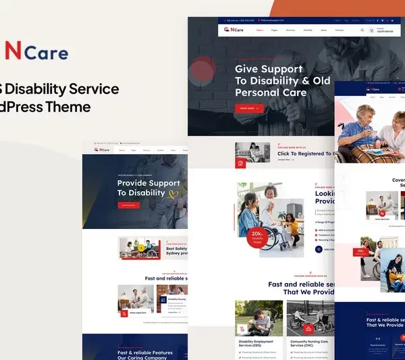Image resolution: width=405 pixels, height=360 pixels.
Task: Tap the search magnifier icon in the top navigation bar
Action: click(362, 30)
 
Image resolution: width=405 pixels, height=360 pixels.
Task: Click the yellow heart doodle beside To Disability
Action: click(173, 194)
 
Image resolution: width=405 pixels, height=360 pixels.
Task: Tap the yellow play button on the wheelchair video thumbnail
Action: click(141, 248)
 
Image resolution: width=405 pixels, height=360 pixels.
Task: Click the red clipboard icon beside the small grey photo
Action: click(240, 163)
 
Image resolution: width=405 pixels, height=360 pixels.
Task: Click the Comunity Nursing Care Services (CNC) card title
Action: click(310, 344)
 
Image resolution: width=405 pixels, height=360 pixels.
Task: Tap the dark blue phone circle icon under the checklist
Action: click(319, 249)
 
